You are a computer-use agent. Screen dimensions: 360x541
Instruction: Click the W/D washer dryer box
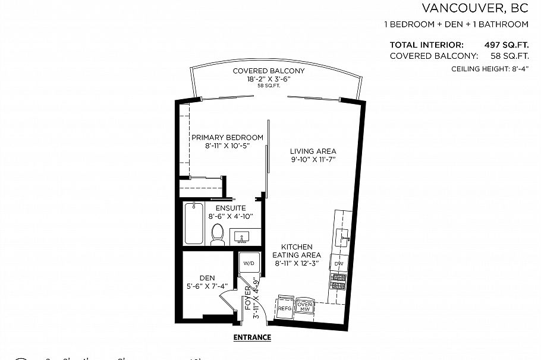coord(247,263)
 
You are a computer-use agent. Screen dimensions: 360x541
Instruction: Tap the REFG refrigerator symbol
coord(285,308)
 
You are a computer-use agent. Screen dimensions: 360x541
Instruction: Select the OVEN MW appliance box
coord(305,307)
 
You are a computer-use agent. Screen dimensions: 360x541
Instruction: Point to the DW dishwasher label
coord(338,263)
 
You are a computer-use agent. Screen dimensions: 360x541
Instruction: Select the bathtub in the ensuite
coord(194,223)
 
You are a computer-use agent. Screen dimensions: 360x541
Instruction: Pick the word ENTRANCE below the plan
coord(252,337)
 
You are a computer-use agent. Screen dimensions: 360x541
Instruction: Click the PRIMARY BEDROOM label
coord(227,137)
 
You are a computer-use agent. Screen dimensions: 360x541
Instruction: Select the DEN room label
coord(207,277)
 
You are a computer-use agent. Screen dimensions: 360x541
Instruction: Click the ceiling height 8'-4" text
coord(490,69)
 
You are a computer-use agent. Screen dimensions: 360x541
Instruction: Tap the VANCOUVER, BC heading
coord(474,8)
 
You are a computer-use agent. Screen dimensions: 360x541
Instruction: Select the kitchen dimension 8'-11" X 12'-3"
coord(297,263)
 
